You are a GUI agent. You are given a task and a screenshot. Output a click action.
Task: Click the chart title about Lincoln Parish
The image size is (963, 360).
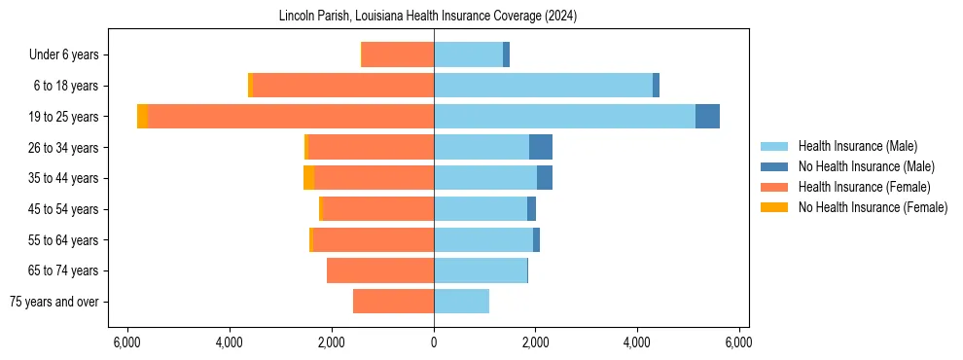[x=434, y=17]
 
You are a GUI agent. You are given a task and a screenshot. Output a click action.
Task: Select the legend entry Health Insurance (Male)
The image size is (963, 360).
[x=857, y=146]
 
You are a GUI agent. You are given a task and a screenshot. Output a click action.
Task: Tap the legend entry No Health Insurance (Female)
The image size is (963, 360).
[x=873, y=207]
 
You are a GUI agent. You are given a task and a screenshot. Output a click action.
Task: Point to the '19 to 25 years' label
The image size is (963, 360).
[x=64, y=117]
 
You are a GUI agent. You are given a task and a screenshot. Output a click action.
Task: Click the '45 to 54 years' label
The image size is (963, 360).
[x=64, y=209]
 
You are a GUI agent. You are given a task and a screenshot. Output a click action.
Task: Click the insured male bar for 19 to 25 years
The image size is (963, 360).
[x=564, y=117]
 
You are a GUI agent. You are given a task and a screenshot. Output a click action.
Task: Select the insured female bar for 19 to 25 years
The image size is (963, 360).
[x=291, y=117]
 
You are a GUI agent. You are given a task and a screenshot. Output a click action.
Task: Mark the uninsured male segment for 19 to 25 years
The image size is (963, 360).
[x=707, y=117]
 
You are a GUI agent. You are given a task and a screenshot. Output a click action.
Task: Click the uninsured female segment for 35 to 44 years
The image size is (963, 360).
[x=309, y=178]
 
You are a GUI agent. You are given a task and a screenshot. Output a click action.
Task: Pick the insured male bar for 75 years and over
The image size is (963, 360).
[x=461, y=302]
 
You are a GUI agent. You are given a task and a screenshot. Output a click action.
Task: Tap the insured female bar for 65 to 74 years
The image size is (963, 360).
[x=380, y=270]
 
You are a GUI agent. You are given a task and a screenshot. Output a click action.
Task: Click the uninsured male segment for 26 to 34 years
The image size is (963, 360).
[x=541, y=147]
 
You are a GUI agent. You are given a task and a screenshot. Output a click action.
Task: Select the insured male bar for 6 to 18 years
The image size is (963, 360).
[x=543, y=86]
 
